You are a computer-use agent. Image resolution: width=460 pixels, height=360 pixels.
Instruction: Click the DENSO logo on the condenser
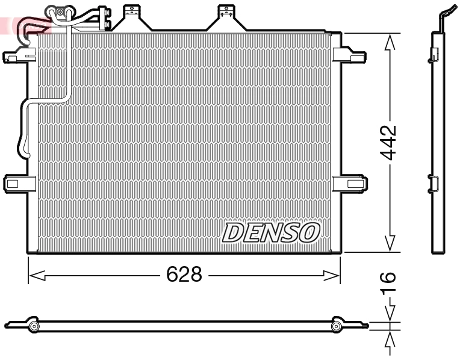click(x=271, y=232)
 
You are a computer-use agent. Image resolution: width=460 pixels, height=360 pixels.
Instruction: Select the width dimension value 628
click(x=184, y=275)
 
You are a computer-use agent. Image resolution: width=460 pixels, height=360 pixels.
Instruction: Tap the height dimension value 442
click(x=390, y=143)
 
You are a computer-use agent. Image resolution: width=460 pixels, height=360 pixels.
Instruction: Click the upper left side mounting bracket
click(x=17, y=55)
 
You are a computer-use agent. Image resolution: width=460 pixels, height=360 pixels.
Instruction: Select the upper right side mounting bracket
click(x=349, y=55)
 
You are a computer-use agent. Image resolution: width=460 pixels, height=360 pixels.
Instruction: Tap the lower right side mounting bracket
click(x=349, y=182)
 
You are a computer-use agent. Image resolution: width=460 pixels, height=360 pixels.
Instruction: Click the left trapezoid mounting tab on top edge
click(x=131, y=18)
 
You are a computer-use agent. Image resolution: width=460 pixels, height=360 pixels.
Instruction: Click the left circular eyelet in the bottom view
click(x=34, y=326)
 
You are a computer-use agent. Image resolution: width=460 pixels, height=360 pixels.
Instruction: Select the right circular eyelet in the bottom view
click(x=336, y=326)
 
